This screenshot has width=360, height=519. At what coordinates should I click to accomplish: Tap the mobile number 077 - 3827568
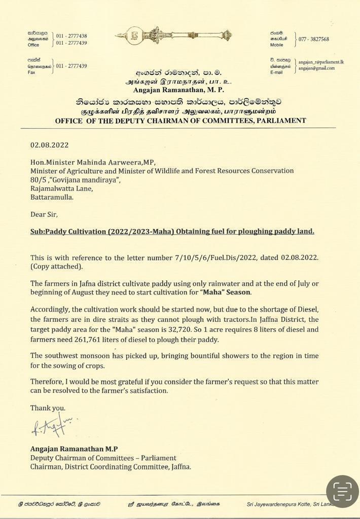tap(313, 39)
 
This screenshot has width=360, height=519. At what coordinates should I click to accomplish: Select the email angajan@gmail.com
tap(316, 68)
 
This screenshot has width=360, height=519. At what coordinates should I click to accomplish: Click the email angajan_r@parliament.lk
tap(321, 61)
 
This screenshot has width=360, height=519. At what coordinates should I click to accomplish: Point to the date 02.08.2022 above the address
tap(49, 145)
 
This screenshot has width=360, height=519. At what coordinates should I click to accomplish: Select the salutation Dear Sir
tap(44, 214)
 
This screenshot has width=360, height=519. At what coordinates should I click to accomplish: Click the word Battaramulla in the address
tap(52, 197)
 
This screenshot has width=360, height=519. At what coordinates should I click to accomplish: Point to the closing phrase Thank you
tap(48, 407)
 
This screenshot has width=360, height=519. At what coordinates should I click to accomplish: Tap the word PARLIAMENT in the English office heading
tap(281, 121)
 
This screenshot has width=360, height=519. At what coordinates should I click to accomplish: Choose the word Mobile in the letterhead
tap(276, 45)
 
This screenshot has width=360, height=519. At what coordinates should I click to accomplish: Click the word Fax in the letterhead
tap(31, 72)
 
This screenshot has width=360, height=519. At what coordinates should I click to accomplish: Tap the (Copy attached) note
tap(56, 266)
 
